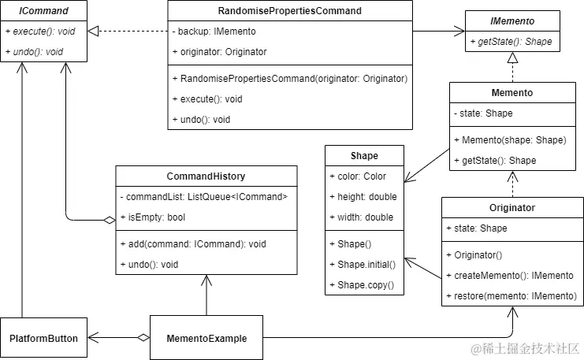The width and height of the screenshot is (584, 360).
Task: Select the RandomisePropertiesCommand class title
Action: pos(289,11)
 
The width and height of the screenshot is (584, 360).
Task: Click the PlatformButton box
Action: pos(44,339)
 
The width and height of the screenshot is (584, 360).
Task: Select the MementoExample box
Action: pos(206,339)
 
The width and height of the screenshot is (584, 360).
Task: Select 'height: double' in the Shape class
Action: pos(363,196)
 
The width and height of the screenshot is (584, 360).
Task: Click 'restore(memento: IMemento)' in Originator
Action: pos(511,296)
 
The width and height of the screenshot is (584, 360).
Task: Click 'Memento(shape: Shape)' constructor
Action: pos(510,140)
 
